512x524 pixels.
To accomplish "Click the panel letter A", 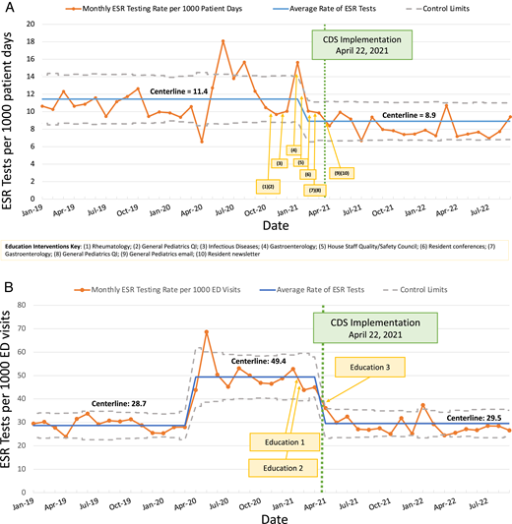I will [8, 9].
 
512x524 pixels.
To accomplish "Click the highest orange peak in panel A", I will [223, 41].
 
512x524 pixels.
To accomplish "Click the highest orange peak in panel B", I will [206, 332].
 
